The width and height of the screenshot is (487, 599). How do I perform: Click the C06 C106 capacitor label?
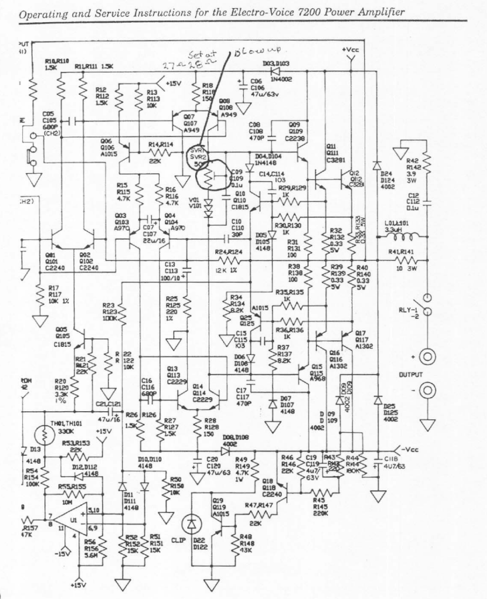click(256, 85)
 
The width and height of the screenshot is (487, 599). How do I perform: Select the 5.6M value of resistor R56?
click(91, 556)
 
